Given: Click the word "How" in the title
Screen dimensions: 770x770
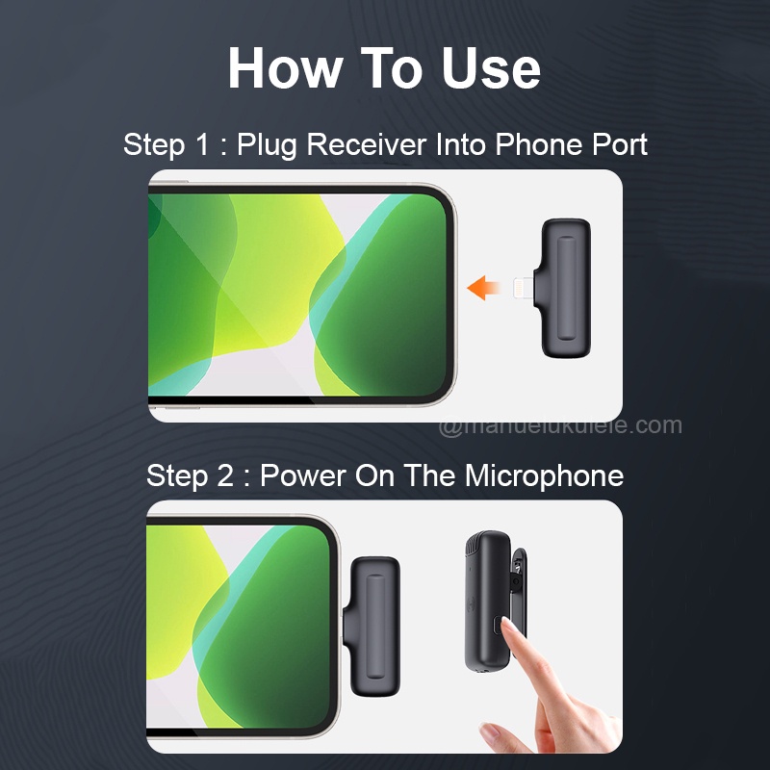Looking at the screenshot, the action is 285,67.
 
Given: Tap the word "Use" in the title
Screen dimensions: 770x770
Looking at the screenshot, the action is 491,67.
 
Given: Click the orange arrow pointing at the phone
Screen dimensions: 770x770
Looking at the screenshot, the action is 483,288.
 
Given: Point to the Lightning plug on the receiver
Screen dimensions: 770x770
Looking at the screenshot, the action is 524,288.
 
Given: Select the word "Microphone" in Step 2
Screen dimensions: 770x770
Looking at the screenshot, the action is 544,475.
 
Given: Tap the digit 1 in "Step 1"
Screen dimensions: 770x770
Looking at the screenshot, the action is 202,144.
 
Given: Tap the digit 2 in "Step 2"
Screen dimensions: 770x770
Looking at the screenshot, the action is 225,475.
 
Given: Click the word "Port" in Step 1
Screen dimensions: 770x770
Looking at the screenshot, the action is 620,144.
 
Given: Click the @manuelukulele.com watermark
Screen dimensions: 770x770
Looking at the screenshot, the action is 560,425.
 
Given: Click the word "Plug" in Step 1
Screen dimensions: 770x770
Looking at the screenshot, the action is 268,145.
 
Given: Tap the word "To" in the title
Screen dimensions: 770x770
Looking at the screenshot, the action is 392,67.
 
